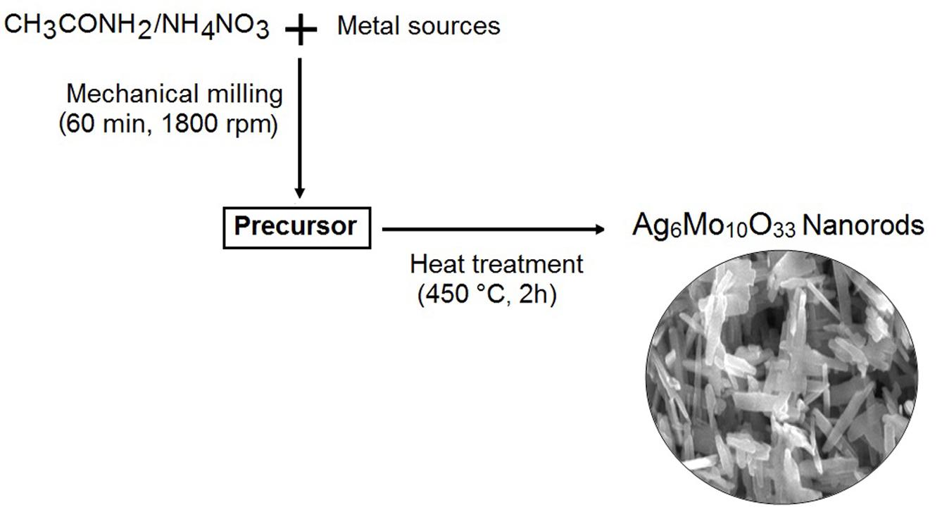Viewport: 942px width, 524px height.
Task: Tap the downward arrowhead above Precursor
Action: [x=300, y=192]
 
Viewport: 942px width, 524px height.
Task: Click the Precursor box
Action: [x=296, y=227]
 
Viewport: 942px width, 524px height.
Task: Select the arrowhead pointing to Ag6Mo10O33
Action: [x=599, y=229]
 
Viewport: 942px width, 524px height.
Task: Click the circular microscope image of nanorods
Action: [x=781, y=378]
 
